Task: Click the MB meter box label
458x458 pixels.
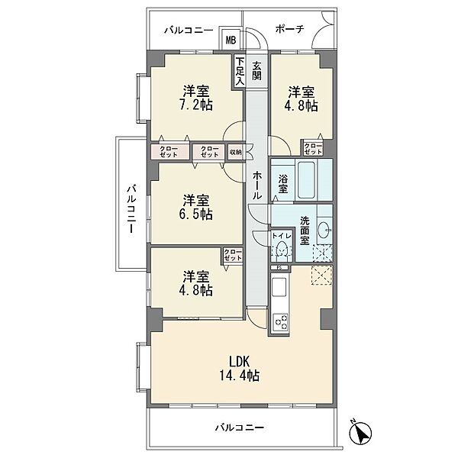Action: (x=231, y=40)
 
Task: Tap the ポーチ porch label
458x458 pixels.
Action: (x=289, y=29)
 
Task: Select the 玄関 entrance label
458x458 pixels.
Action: (x=256, y=71)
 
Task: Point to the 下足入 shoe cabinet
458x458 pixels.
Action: (x=240, y=72)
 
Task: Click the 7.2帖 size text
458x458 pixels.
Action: (x=195, y=105)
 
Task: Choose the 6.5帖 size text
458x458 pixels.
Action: (x=195, y=214)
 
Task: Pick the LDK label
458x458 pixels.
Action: (x=239, y=362)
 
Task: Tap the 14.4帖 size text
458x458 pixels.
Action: (x=239, y=376)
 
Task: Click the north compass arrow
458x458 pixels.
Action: (x=361, y=431)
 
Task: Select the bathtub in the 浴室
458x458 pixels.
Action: (x=306, y=179)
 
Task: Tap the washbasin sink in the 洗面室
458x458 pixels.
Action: (x=324, y=230)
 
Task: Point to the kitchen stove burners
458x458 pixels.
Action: (x=280, y=323)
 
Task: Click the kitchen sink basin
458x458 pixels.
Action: (x=279, y=287)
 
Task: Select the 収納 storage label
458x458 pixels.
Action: (x=236, y=152)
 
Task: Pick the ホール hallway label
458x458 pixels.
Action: (x=256, y=185)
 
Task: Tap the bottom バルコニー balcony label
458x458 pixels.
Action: (x=240, y=428)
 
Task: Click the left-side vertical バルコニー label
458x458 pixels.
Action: (x=132, y=208)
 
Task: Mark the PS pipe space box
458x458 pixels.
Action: (x=279, y=267)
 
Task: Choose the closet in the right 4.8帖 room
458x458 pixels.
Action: (x=313, y=148)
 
